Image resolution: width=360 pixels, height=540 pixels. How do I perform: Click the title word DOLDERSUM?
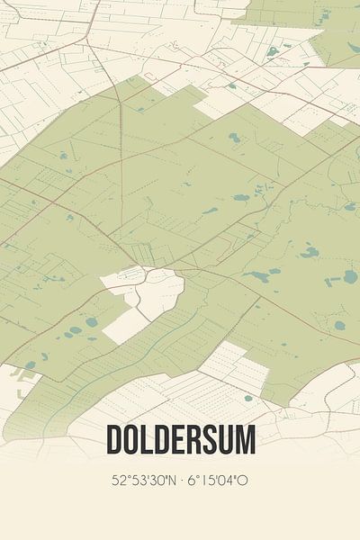181,440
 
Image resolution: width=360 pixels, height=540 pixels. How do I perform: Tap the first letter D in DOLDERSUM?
114,440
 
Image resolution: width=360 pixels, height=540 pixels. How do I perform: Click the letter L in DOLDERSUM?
148,440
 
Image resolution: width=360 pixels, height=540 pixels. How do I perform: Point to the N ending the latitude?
171,481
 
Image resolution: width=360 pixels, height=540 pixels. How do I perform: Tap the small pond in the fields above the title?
248,397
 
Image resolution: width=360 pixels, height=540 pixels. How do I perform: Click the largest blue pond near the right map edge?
350,277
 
